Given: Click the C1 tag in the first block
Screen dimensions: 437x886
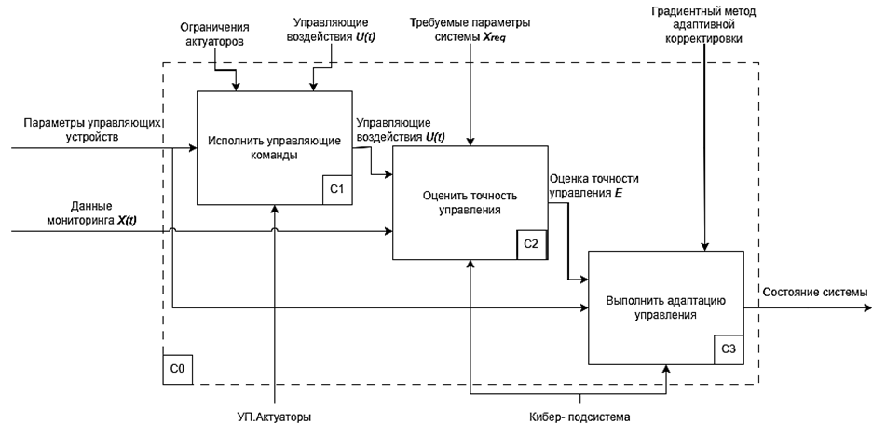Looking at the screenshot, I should (337, 189).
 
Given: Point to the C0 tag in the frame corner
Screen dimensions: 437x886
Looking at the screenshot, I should (177, 369).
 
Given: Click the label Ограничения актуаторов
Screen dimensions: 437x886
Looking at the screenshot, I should (215, 35).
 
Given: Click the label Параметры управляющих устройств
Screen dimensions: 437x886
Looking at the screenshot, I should (85, 130).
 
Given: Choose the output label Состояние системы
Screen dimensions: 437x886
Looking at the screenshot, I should (815, 293).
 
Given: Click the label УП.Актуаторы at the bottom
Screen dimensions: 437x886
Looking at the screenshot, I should (275, 417).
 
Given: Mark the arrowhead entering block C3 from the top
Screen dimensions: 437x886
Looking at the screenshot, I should (704, 245).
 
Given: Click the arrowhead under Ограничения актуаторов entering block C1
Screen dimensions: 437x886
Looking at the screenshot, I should (236, 87).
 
